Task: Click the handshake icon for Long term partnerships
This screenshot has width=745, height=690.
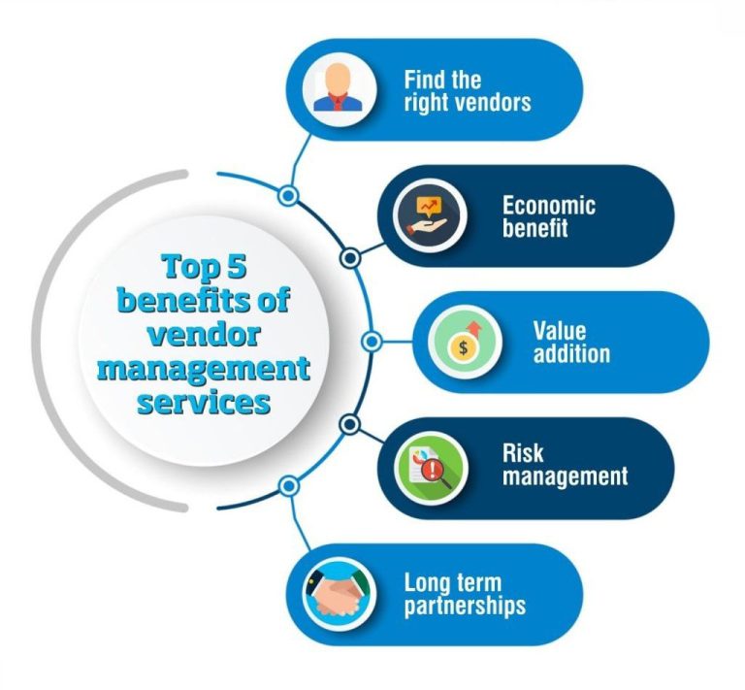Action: (x=338, y=594)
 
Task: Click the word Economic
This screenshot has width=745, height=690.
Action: (x=548, y=206)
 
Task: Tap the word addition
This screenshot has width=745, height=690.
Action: (x=571, y=353)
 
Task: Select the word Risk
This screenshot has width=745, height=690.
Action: (x=522, y=453)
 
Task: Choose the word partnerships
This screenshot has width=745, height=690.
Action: (x=465, y=607)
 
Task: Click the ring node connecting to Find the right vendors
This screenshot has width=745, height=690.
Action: (x=288, y=196)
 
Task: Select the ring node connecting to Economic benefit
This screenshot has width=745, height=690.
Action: (x=351, y=257)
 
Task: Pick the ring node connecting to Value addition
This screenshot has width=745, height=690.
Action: (x=370, y=342)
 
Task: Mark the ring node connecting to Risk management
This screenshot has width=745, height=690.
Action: (x=351, y=425)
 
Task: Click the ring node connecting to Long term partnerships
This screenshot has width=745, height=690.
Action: (x=288, y=485)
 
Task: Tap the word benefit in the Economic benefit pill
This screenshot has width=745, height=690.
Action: (x=534, y=229)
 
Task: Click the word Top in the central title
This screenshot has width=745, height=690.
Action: (x=192, y=265)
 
